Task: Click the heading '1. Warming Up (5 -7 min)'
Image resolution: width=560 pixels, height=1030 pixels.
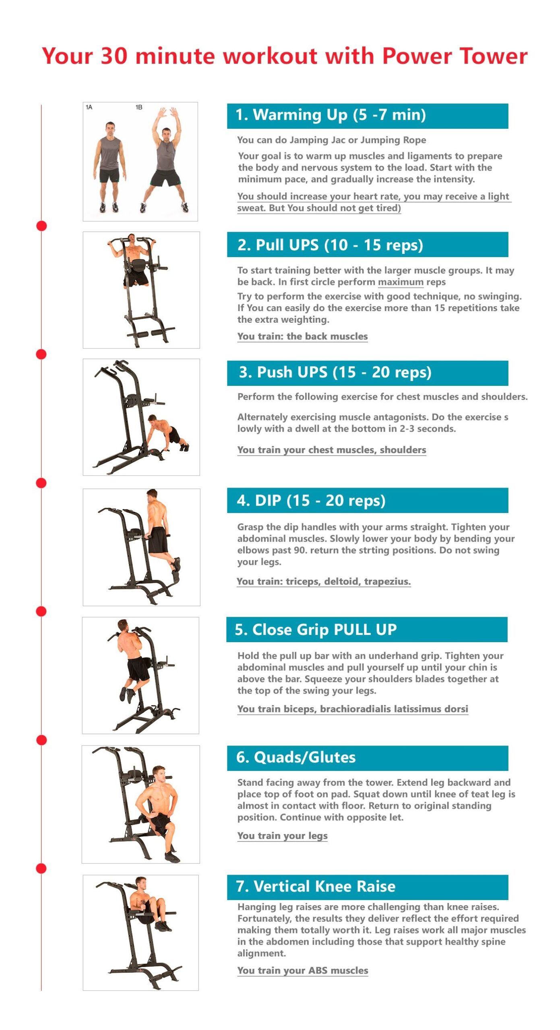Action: [x=331, y=115]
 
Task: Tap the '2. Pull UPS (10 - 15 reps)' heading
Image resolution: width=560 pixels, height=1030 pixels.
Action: [x=330, y=245]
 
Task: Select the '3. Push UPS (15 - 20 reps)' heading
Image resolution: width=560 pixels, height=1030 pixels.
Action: [x=335, y=372]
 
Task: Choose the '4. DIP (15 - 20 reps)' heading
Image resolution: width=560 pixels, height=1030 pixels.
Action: [x=311, y=501]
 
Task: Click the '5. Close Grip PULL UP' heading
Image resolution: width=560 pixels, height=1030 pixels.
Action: [x=316, y=629]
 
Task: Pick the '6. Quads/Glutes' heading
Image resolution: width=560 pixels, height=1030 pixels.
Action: [x=296, y=757]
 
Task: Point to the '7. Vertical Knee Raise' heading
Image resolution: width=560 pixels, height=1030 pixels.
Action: [x=316, y=886]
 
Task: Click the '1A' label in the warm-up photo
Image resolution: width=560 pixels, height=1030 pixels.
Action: [x=89, y=107]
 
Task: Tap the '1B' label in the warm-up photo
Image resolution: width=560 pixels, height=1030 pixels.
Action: [x=139, y=107]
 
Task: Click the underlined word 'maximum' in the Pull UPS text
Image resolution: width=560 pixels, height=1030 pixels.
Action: [x=401, y=282]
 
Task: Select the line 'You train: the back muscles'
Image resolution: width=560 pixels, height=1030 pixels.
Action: [x=302, y=336]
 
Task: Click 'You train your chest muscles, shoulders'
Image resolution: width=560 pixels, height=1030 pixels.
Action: [x=331, y=450]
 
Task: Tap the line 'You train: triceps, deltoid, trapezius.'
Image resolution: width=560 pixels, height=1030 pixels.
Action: [x=324, y=581]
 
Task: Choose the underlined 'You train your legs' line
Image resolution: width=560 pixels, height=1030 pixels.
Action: [x=282, y=836]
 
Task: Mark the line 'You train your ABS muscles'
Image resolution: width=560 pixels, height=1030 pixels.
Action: [x=302, y=970]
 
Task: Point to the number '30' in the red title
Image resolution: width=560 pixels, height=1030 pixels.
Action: [x=114, y=56]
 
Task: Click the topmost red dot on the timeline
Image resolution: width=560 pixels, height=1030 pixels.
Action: [x=41, y=226]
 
